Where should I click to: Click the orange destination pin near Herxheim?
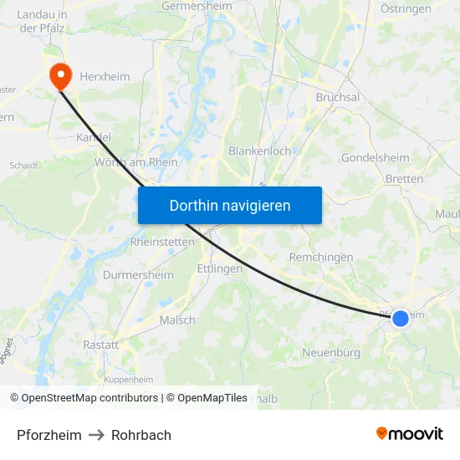point(60,76)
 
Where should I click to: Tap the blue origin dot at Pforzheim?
point(401,319)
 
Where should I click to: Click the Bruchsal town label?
point(338,97)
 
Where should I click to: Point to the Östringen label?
point(406,9)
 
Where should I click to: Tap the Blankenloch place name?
point(260,151)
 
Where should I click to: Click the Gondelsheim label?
point(376,157)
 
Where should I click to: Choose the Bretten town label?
point(405,179)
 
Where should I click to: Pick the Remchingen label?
point(321,257)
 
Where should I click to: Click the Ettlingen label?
point(219,268)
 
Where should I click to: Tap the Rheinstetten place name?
point(162,242)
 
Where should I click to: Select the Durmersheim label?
point(138,274)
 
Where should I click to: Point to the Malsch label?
point(177,319)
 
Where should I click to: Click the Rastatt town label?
point(100,344)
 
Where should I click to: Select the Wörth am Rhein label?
point(136,162)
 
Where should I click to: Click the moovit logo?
point(410,433)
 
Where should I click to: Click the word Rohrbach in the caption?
point(141,435)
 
